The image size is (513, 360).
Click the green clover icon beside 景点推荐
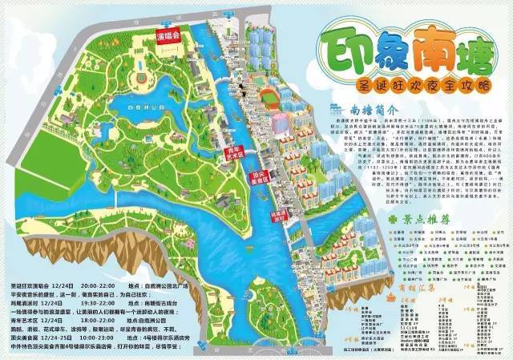tap(392, 217)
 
